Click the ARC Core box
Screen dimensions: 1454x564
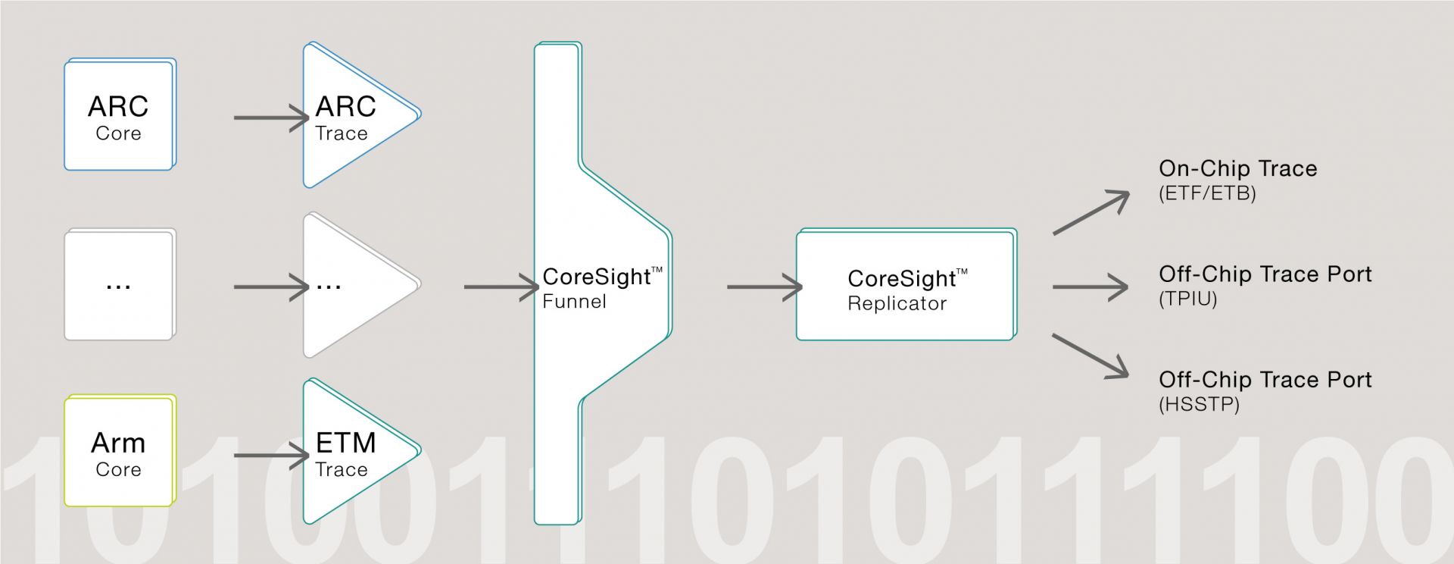120,114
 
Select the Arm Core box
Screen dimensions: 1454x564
120,450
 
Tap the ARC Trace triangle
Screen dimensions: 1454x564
356,115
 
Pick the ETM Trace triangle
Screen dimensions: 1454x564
356,452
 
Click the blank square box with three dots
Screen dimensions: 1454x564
120,284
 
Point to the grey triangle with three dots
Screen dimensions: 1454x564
356,285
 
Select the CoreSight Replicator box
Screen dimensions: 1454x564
906,284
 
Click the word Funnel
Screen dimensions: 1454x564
574,302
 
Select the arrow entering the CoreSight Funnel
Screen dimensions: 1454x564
501,287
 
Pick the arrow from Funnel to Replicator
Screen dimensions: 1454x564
765,287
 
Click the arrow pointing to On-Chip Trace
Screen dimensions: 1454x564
1091,213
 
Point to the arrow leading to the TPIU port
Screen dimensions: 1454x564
1090,287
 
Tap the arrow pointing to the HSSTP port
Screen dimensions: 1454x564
1091,356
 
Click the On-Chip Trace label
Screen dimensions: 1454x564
1238,168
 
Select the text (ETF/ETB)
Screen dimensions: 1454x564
1207,193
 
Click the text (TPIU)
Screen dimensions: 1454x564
1187,299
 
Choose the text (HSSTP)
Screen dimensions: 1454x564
1199,404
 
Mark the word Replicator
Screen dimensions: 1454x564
897,303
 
